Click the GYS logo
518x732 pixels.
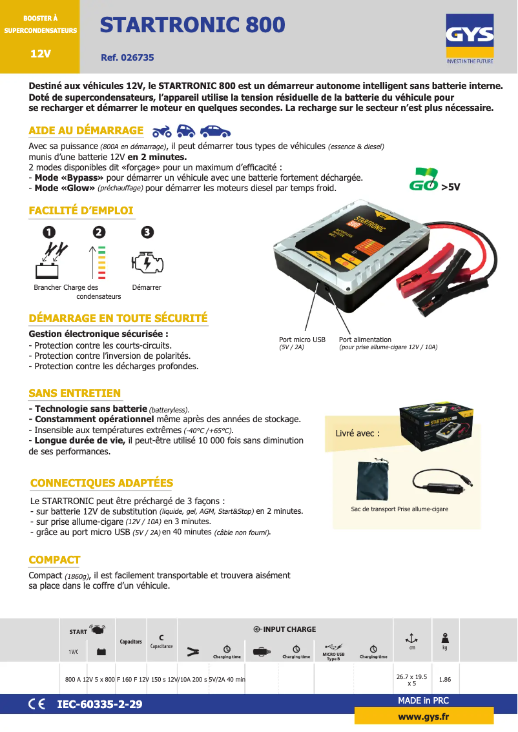pos(470,41)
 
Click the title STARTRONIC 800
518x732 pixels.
pos(192,25)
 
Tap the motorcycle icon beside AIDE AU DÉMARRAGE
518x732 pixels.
pos(162,132)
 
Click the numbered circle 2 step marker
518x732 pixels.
pos(98,232)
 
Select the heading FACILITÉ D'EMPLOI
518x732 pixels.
pos(81,210)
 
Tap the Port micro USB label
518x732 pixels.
pos(302,340)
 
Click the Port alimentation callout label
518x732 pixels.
pos(365,340)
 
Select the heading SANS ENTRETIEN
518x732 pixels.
pos(74,393)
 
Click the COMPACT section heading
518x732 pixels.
pos(54,560)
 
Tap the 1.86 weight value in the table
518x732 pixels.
pos(445,680)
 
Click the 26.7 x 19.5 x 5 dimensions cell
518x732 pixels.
pos(411,680)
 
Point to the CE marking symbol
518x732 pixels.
pos(37,704)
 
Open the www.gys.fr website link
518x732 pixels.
pos(424,717)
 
